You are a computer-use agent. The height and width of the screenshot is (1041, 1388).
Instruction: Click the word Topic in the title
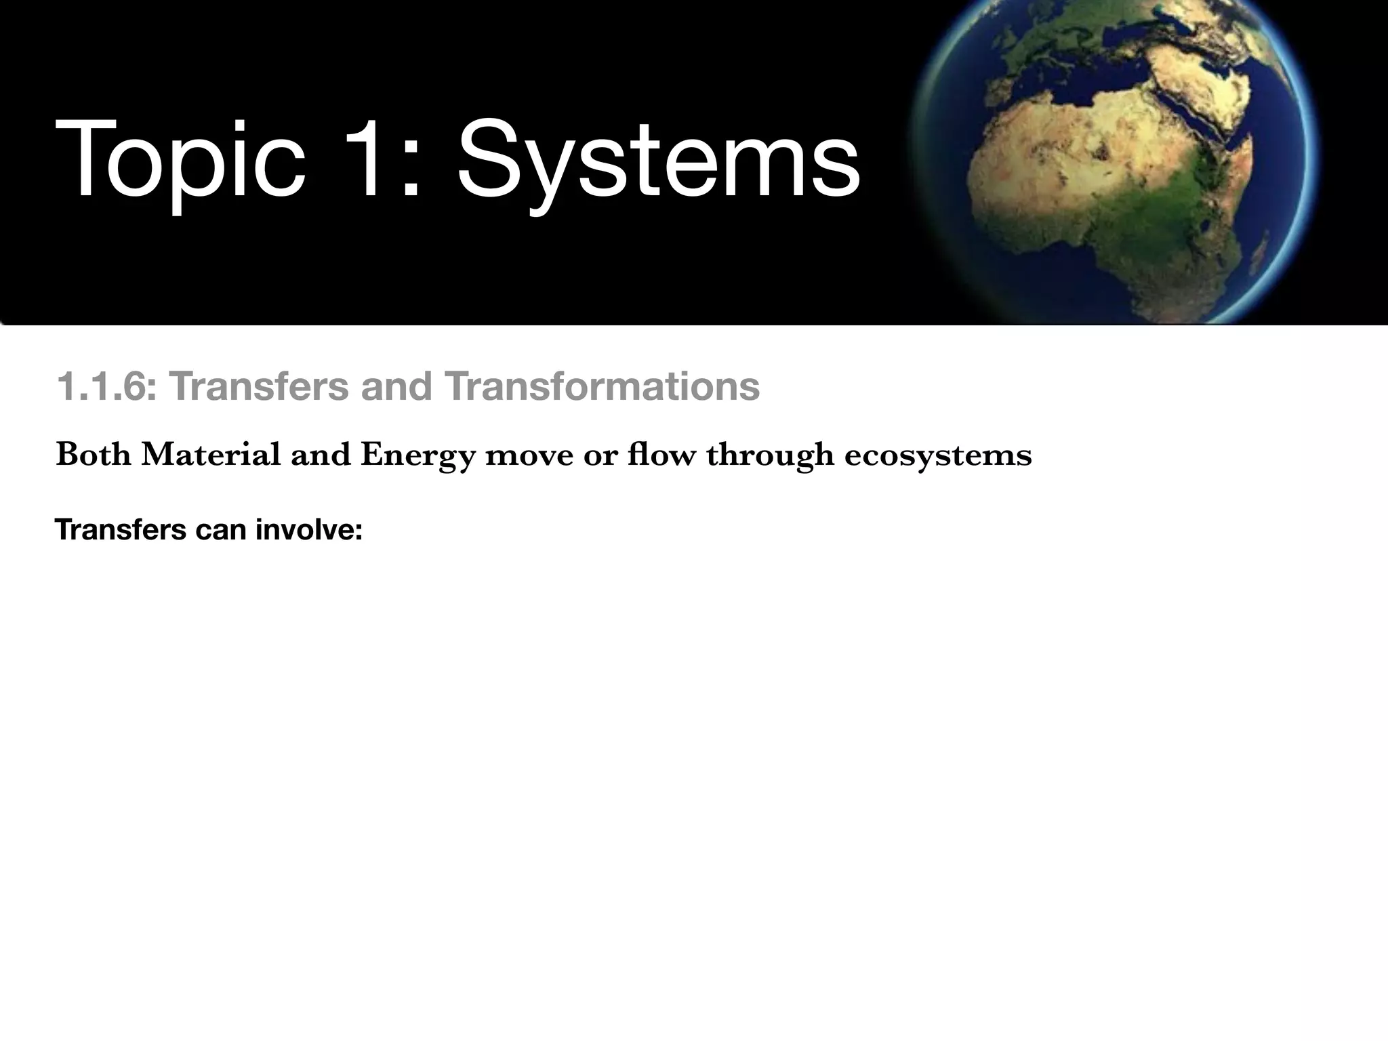pyautogui.click(x=180, y=161)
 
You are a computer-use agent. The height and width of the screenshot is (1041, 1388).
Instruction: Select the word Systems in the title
pyautogui.click(x=657, y=161)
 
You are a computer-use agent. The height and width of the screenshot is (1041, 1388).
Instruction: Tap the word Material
pyautogui.click(x=211, y=455)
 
